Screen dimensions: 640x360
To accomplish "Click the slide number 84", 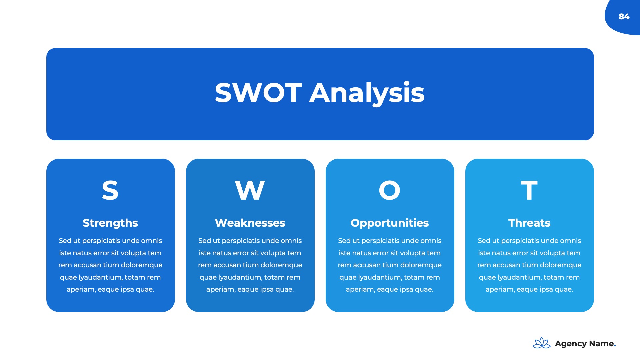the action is [624, 17].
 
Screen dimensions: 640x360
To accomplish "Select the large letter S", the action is [110, 190].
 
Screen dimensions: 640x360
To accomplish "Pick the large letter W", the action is [250, 190].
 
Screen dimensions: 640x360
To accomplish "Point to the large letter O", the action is [390, 190].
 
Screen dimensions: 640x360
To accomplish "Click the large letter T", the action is [529, 190].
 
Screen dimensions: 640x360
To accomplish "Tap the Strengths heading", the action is [110, 223].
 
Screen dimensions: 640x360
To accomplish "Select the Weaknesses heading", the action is [250, 223].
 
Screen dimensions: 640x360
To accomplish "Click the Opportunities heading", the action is [390, 223].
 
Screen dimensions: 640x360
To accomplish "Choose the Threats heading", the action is [529, 223].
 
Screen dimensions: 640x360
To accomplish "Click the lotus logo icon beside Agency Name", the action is [542, 343].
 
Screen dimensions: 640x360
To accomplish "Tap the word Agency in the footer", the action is [571, 344].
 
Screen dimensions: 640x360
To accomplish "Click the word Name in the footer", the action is [601, 344].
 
